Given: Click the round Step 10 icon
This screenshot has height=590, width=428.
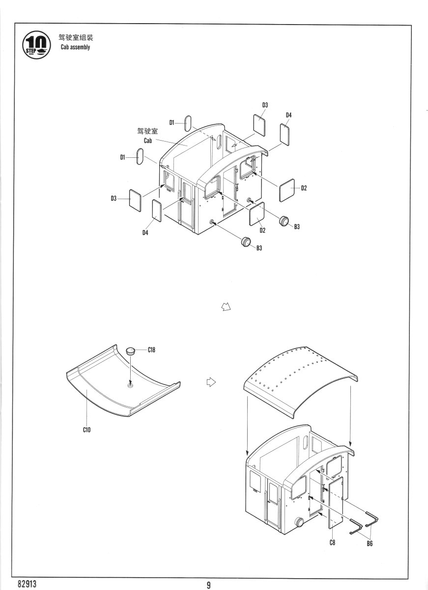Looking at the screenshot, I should [38, 44].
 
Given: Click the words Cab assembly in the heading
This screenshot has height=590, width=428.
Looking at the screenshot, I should [75, 47].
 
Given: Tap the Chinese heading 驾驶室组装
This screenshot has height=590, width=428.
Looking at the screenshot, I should [76, 37].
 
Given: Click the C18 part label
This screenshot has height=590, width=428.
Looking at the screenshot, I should [153, 350].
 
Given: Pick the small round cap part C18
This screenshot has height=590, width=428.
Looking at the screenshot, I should [131, 351].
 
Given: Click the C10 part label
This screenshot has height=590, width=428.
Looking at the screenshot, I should [86, 430].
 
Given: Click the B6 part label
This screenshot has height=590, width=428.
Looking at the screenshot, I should [369, 544].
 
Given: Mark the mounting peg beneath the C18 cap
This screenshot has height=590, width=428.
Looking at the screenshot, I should [130, 385].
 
